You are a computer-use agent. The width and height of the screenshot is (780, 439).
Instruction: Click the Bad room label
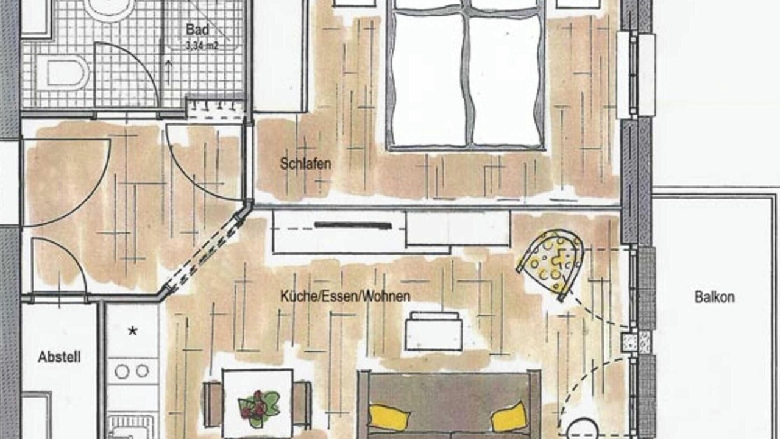tap(197, 30)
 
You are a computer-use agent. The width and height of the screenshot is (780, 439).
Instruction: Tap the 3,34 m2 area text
tap(202, 46)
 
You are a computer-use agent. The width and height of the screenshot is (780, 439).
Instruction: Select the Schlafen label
tap(305, 164)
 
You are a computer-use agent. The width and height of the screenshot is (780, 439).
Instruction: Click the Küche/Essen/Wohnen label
tap(346, 296)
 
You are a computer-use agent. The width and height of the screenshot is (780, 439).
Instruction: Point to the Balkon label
tap(715, 297)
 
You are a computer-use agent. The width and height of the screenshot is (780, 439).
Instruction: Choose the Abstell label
tap(59, 357)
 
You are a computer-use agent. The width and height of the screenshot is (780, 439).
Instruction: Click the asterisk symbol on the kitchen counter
tap(132, 331)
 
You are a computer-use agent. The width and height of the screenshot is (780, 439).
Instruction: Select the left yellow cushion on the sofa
tap(389, 418)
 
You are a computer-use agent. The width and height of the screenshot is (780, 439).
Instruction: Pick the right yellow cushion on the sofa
tap(509, 416)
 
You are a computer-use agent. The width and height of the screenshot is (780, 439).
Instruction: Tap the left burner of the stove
tap(122, 372)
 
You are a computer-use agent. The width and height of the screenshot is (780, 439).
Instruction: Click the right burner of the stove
tap(143, 371)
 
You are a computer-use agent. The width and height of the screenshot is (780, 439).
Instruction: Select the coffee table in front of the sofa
tap(434, 331)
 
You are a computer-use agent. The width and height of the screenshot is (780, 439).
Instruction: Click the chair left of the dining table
tap(213, 405)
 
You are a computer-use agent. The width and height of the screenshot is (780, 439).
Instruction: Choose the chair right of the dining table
tap(302, 405)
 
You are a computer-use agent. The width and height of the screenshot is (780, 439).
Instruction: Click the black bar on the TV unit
tap(353, 226)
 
